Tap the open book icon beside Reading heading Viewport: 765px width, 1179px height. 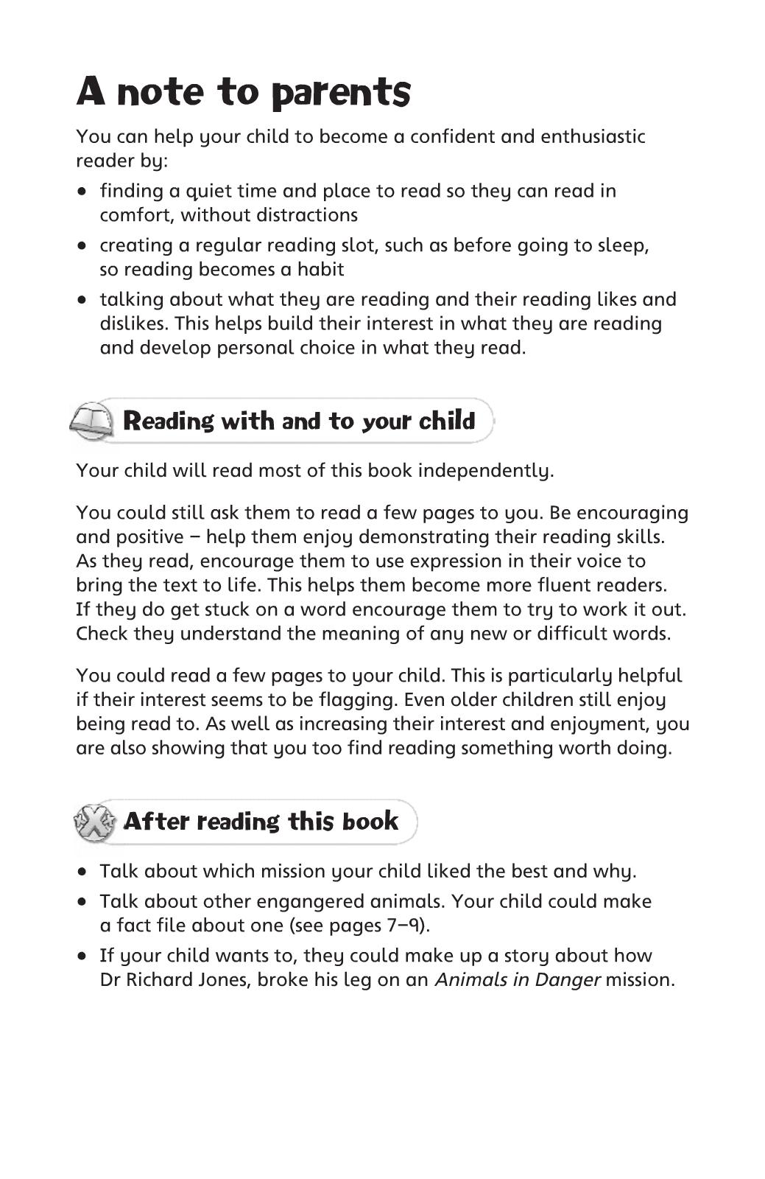91,421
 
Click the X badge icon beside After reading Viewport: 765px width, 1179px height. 94,822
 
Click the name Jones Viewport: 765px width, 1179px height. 222,981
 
